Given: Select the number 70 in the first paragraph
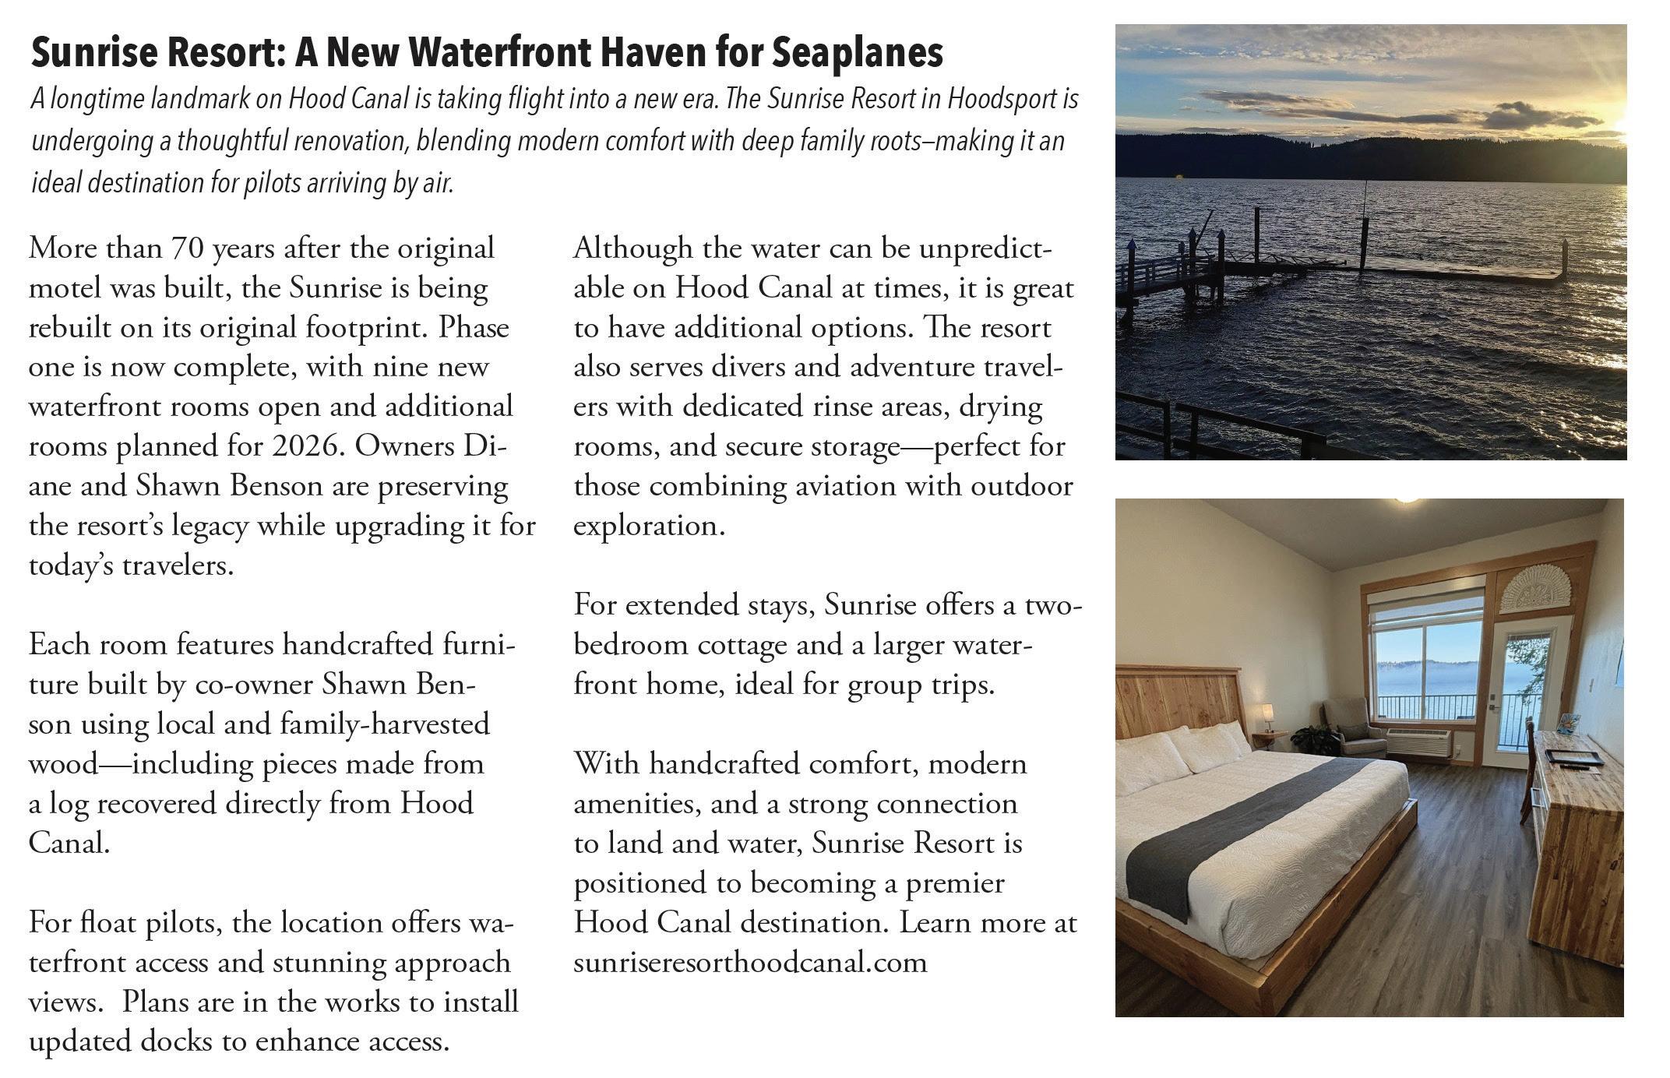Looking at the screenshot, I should tap(187, 248).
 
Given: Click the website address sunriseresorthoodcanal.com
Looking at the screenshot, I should tap(750, 963).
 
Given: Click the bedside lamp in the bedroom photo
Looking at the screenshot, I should tap(1267, 713).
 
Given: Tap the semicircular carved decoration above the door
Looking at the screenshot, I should tap(1536, 587).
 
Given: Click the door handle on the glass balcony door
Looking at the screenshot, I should tap(1492, 708).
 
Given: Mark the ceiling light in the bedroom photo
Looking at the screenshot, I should tap(1408, 501).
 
